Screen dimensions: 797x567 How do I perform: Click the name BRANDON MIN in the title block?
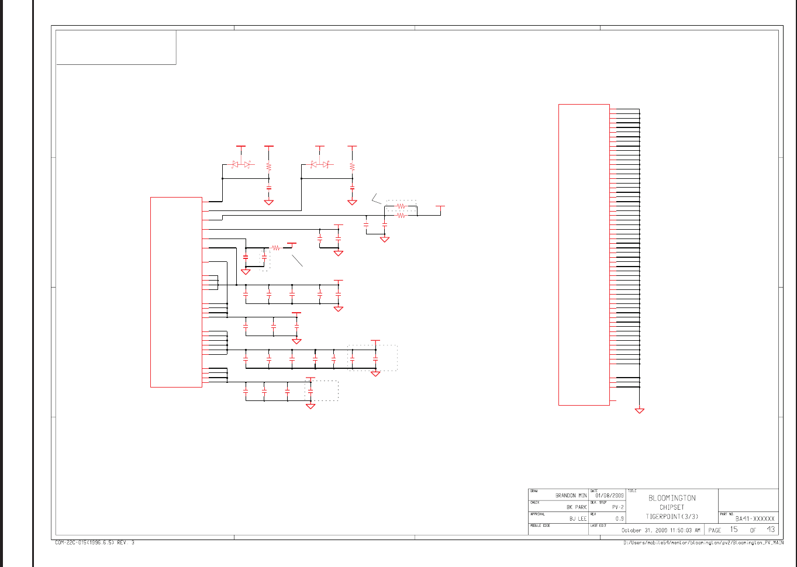coord(571,496)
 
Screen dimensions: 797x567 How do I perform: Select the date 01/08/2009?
coord(610,496)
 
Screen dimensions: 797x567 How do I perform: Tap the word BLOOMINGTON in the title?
coord(672,498)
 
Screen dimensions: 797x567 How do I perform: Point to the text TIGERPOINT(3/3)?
coord(672,517)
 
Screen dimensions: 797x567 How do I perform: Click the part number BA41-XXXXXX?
coord(755,518)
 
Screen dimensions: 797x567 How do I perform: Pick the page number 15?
coord(734,530)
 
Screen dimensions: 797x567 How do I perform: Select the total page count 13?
coord(771,530)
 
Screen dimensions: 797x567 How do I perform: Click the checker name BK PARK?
coord(576,507)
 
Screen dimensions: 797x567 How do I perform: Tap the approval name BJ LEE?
coord(578,519)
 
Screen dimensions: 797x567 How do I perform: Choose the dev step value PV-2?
coord(618,507)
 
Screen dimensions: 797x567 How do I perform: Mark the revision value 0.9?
coord(619,519)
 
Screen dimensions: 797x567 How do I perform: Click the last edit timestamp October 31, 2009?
coord(660,530)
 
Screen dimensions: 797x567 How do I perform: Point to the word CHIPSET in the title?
coord(672,507)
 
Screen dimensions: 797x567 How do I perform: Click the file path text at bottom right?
coord(703,543)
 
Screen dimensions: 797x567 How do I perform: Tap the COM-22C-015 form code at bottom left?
coord(94,543)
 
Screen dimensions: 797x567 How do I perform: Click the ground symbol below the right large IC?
coord(640,411)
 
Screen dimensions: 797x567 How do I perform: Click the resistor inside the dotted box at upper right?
coord(401,206)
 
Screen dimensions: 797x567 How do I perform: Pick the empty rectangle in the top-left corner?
coord(116,47)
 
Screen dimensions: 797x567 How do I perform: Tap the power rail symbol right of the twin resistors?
coord(440,207)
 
